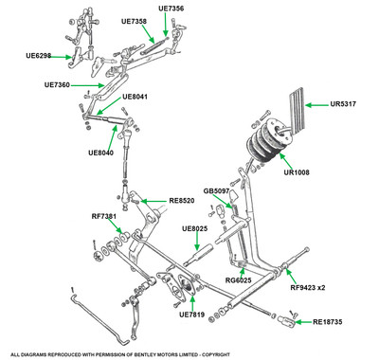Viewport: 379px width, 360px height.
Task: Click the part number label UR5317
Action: (343, 104)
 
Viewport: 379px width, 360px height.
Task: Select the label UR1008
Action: (297, 172)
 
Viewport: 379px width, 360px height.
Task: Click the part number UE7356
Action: (171, 9)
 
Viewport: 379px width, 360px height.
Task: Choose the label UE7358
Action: (134, 21)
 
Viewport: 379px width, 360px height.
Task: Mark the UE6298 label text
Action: (39, 56)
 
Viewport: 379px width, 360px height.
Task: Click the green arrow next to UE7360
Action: (87, 85)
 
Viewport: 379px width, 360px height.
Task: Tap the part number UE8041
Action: (135, 97)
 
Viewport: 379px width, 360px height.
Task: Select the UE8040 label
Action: (100, 153)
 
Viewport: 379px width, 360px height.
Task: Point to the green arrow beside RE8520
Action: (153, 201)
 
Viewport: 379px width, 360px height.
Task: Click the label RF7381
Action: (104, 216)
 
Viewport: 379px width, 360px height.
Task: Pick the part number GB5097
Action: (216, 191)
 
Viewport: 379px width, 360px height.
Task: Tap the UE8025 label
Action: (195, 228)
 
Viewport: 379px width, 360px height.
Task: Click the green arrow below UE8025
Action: (197, 242)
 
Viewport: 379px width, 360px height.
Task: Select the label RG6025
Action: (239, 280)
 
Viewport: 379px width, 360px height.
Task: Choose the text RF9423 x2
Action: (308, 287)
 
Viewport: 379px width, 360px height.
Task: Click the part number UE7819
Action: (191, 315)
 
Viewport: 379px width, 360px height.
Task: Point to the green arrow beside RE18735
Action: (303, 322)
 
